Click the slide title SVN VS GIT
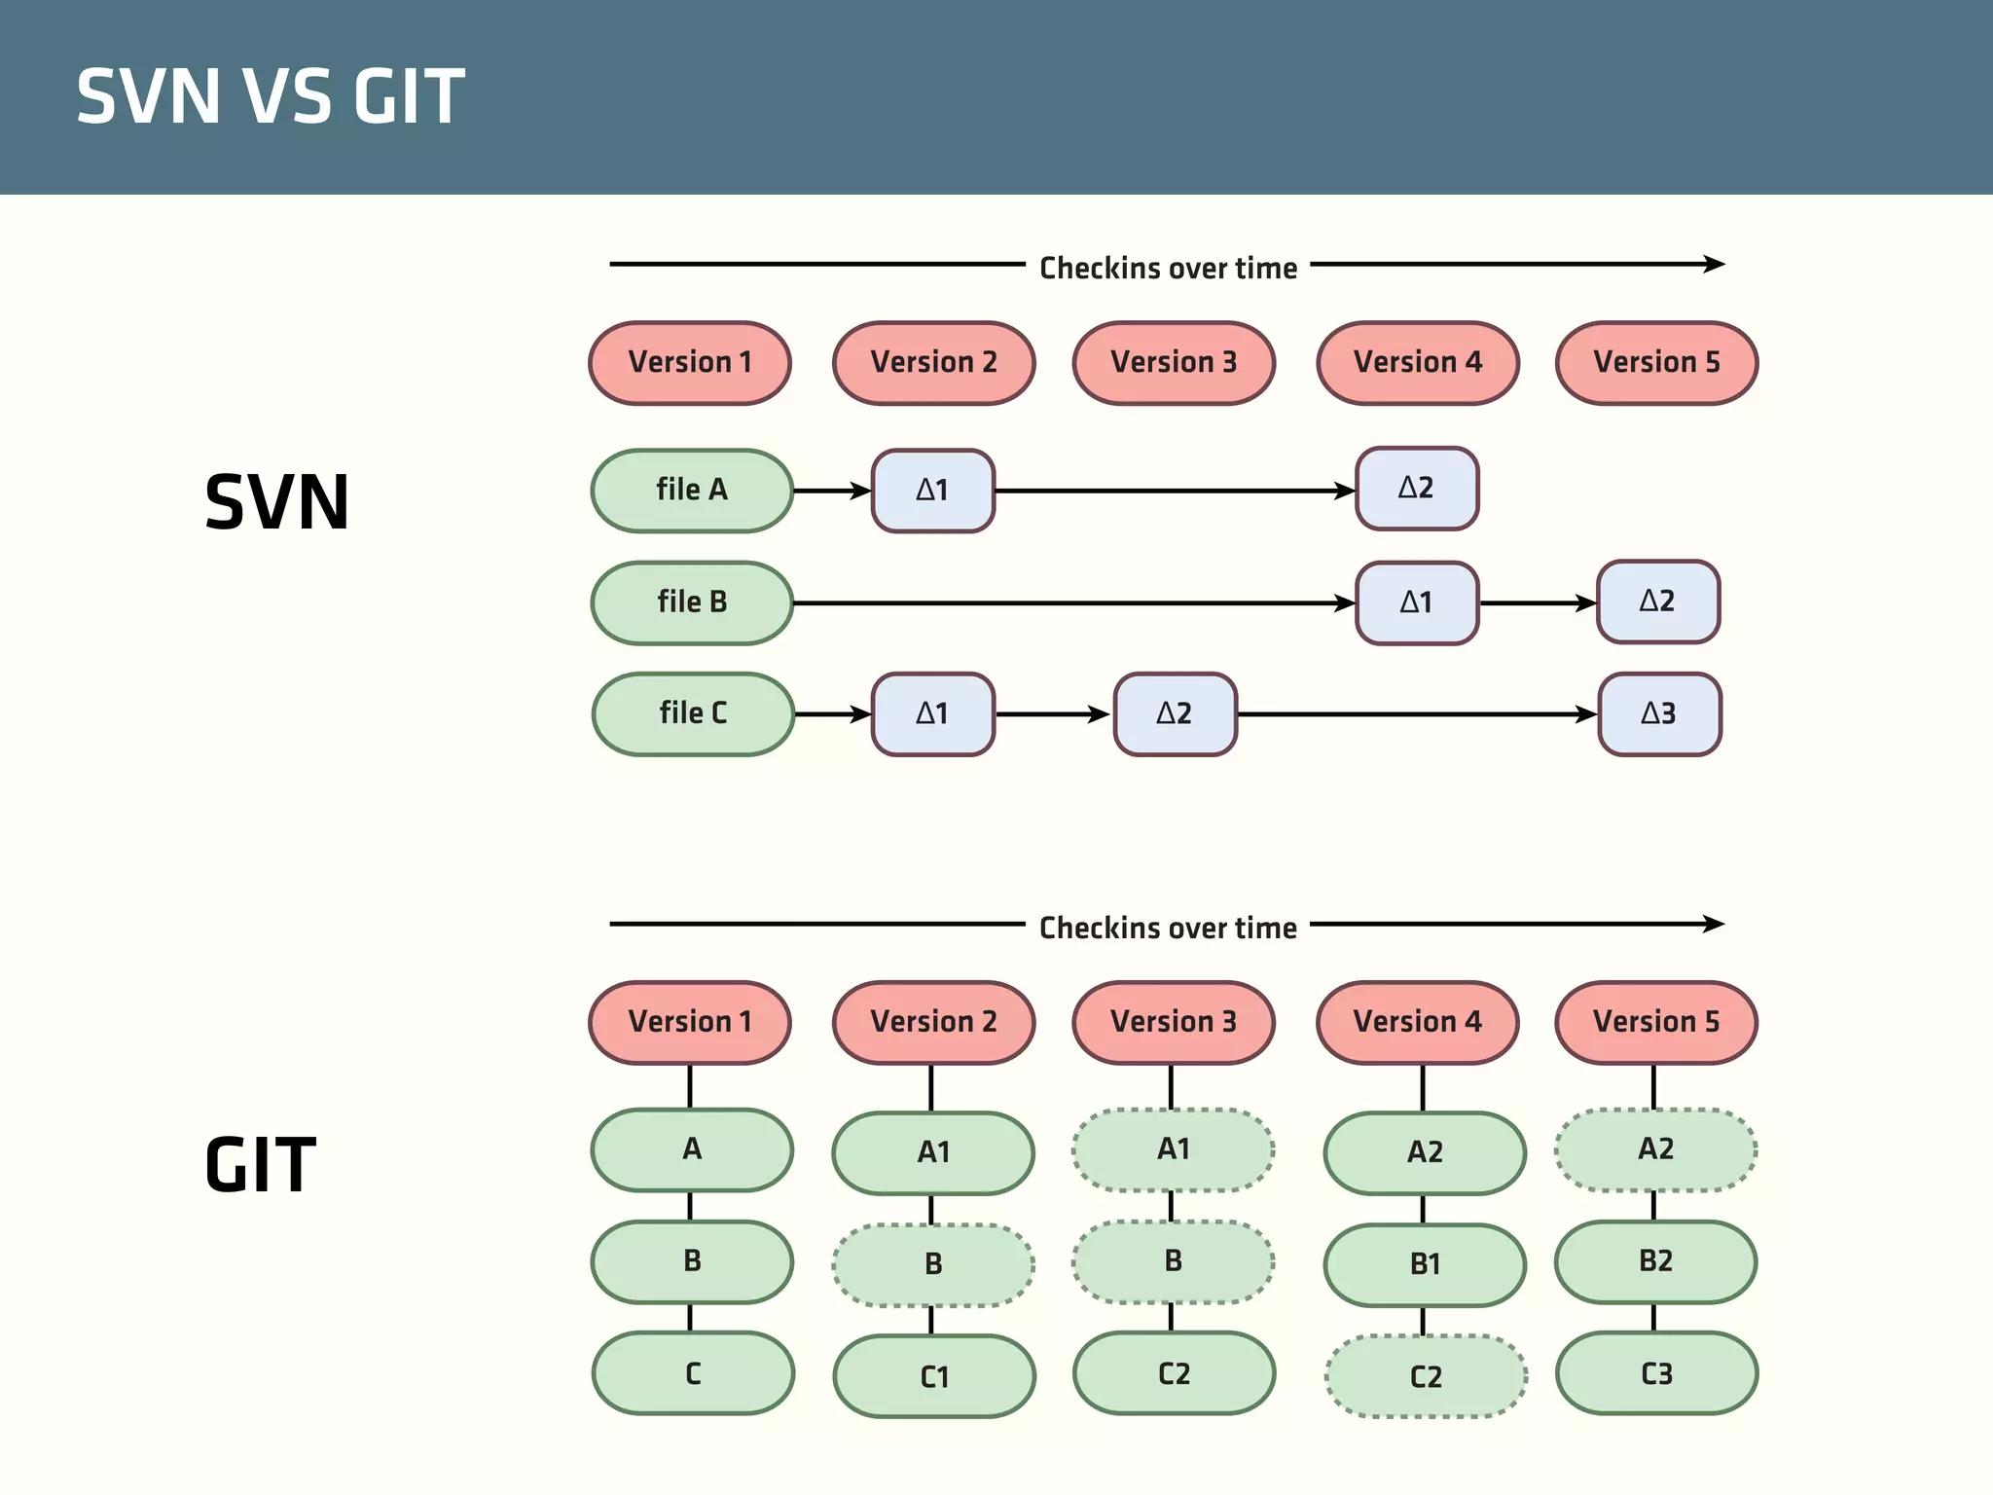tap(271, 96)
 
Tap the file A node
tap(692, 491)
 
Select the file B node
tap(692, 602)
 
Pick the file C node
tap(693, 713)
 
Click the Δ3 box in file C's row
tap(1659, 713)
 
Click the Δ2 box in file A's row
tap(1417, 489)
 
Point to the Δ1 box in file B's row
tap(1417, 602)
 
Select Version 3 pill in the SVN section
tap(1174, 363)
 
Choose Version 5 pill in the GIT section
tap(1656, 1022)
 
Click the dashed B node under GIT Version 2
tap(933, 1264)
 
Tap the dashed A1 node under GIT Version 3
tap(1174, 1149)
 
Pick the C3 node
tap(1656, 1373)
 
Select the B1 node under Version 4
tap(1425, 1264)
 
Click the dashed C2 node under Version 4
tap(1426, 1376)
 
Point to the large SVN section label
tap(277, 502)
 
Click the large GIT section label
tap(260, 1165)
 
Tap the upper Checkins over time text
tap(1168, 268)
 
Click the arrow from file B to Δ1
tap(1070, 603)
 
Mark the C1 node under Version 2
tap(934, 1376)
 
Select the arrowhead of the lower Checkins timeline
tap(1715, 924)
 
